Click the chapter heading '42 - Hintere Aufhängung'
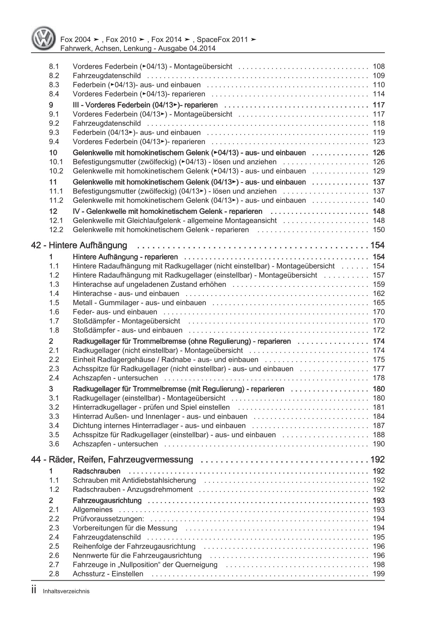79,245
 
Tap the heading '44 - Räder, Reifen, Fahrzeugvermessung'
112,459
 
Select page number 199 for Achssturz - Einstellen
378,574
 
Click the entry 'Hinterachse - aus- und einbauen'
126,293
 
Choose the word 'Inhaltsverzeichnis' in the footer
66,591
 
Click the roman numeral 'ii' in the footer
34,591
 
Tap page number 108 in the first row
378,66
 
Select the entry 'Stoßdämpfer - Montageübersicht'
126,321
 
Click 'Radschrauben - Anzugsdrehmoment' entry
133,489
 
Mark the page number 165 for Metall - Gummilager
378,303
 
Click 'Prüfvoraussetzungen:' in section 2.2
108,519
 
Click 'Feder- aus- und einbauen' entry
115,312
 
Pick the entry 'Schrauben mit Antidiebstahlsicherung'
134,480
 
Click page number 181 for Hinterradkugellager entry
378,407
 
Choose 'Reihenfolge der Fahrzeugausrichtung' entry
134,546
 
